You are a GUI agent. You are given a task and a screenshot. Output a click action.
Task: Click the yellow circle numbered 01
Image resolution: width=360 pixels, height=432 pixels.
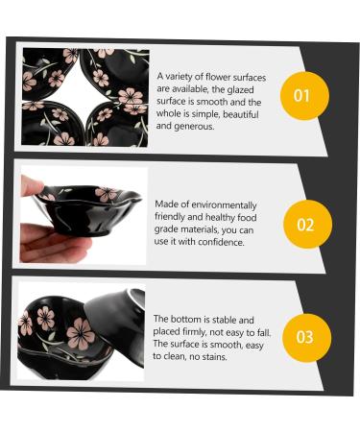point(304,96)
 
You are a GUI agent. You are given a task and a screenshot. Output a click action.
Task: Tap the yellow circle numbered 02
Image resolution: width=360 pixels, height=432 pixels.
point(307,224)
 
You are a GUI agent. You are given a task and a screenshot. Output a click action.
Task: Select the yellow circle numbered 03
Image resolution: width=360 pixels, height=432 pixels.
point(306,338)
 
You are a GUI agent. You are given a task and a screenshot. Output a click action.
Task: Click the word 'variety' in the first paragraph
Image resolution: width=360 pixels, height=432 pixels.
point(180,77)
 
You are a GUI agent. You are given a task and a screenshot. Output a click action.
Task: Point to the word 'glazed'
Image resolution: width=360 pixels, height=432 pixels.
point(240,90)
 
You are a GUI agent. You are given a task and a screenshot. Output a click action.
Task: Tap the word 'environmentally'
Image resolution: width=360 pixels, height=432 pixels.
point(224,204)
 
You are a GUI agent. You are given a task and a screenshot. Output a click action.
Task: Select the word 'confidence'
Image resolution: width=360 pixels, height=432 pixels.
point(221,242)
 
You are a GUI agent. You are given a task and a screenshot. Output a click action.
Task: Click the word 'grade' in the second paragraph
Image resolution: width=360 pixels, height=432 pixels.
point(166,229)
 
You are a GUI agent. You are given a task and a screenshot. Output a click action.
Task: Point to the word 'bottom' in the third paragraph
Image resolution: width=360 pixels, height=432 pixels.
point(185,319)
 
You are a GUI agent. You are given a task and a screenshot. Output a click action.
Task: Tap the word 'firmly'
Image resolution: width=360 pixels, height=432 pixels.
point(194,332)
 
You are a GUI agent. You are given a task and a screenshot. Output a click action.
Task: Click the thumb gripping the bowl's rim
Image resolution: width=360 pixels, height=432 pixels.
point(32,186)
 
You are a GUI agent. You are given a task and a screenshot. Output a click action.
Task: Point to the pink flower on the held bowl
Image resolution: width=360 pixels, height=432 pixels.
point(107,194)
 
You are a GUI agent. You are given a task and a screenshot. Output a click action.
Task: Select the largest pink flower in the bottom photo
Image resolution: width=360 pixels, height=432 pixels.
point(81,333)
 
